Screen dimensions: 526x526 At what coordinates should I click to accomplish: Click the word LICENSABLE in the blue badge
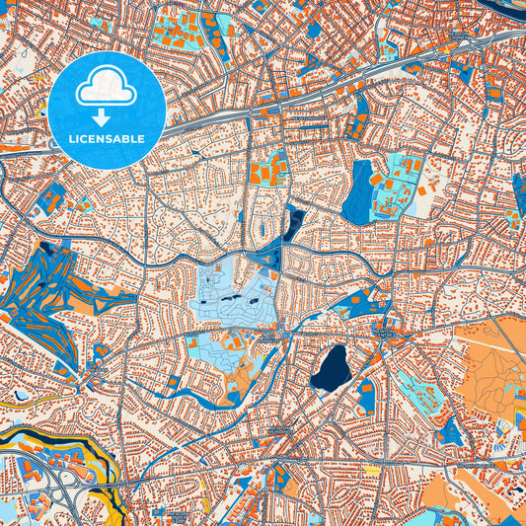[x=106, y=138]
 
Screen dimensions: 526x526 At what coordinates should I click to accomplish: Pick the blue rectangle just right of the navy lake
[x=366, y=395]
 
